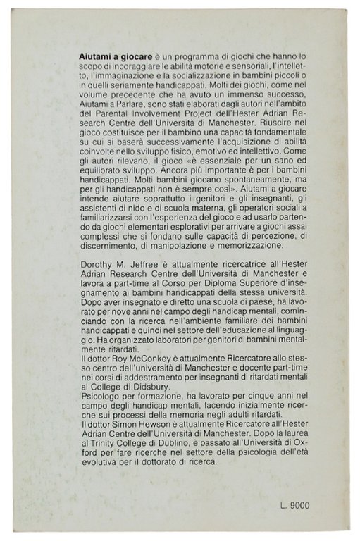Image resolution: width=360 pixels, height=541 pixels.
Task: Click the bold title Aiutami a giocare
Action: click(x=111, y=54)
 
